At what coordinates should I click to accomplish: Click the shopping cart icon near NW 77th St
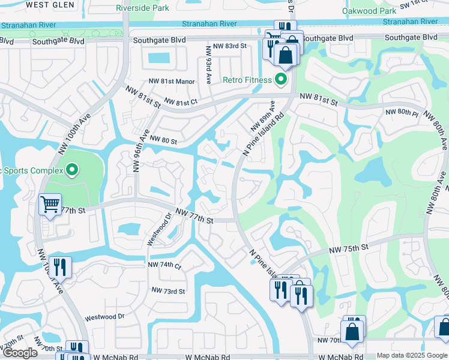[49, 204]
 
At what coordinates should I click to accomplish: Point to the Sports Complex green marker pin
[71, 171]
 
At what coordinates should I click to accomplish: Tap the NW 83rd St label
[226, 46]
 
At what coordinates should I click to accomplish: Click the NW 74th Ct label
[164, 265]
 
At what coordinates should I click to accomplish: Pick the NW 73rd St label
[168, 291]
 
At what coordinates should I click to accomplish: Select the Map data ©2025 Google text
[412, 355]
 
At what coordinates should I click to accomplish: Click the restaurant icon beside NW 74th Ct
[59, 266]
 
